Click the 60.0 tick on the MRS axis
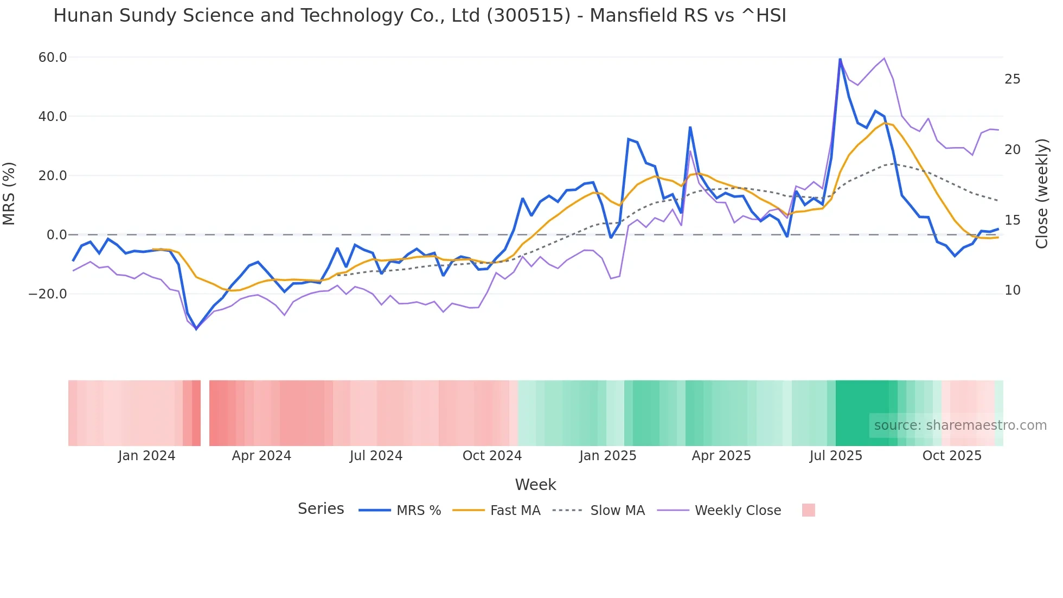click(53, 58)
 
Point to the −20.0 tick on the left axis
click(48, 294)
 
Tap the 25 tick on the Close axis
click(1012, 79)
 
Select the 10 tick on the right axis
click(1012, 290)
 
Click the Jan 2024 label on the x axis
click(146, 456)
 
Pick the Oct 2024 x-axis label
click(492, 456)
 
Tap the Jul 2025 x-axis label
click(836, 456)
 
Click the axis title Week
click(535, 485)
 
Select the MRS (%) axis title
click(9, 193)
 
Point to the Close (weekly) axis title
click(1042, 193)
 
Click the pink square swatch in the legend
click(808, 510)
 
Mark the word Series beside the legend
click(321, 509)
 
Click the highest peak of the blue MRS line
click(840, 59)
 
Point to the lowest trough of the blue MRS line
click(196, 328)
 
